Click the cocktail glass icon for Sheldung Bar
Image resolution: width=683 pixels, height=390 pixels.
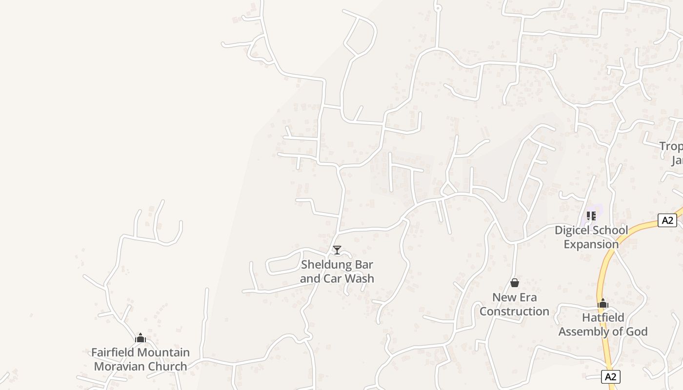point(337,250)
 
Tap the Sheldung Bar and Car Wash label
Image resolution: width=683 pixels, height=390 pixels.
point(337,272)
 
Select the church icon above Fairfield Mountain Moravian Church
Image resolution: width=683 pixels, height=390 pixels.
point(141,338)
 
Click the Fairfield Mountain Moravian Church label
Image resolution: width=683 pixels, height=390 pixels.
point(141,359)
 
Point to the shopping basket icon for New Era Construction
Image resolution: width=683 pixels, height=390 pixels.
point(514,283)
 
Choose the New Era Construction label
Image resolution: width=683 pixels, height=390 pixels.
point(514,304)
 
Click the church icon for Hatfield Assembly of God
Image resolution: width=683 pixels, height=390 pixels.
point(603,304)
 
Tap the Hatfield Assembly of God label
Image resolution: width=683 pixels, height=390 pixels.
point(603,325)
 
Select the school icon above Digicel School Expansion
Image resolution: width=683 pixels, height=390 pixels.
point(591,215)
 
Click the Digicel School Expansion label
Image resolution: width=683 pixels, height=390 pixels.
point(591,237)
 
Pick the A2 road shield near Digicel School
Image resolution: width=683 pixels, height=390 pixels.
point(667,220)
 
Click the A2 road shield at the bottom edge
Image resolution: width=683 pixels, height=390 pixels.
point(611,376)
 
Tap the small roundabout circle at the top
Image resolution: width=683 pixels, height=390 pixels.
point(437,8)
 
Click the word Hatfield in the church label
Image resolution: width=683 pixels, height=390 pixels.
point(603,318)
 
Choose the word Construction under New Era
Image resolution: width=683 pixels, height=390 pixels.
point(514,311)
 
